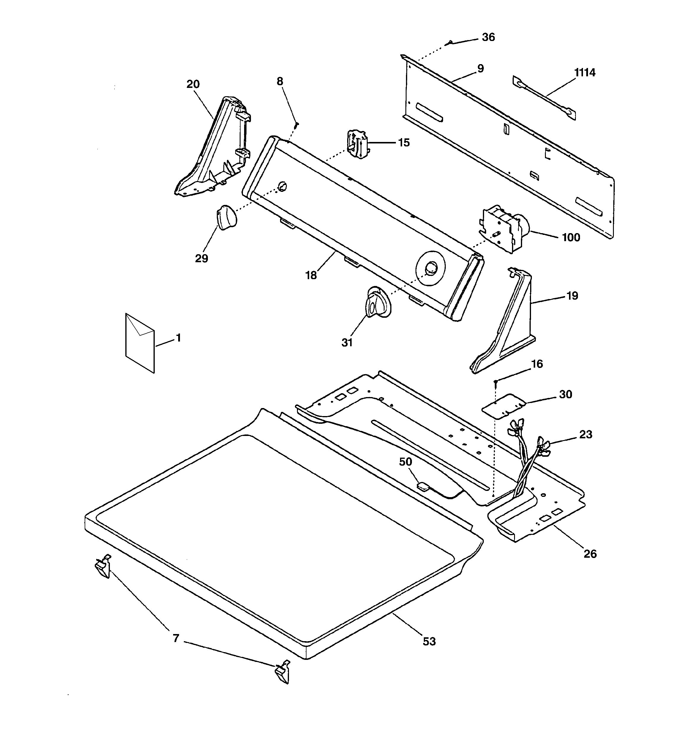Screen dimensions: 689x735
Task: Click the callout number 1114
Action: (585, 72)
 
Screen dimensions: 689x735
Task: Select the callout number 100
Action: (571, 237)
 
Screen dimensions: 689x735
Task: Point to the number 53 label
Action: (429, 641)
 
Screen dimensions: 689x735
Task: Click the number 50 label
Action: (405, 461)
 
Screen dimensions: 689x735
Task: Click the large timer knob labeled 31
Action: (377, 302)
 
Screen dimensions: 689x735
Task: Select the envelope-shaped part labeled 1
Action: (140, 343)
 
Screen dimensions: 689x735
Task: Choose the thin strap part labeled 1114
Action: (544, 98)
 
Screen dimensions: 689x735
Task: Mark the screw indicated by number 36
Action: (450, 43)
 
